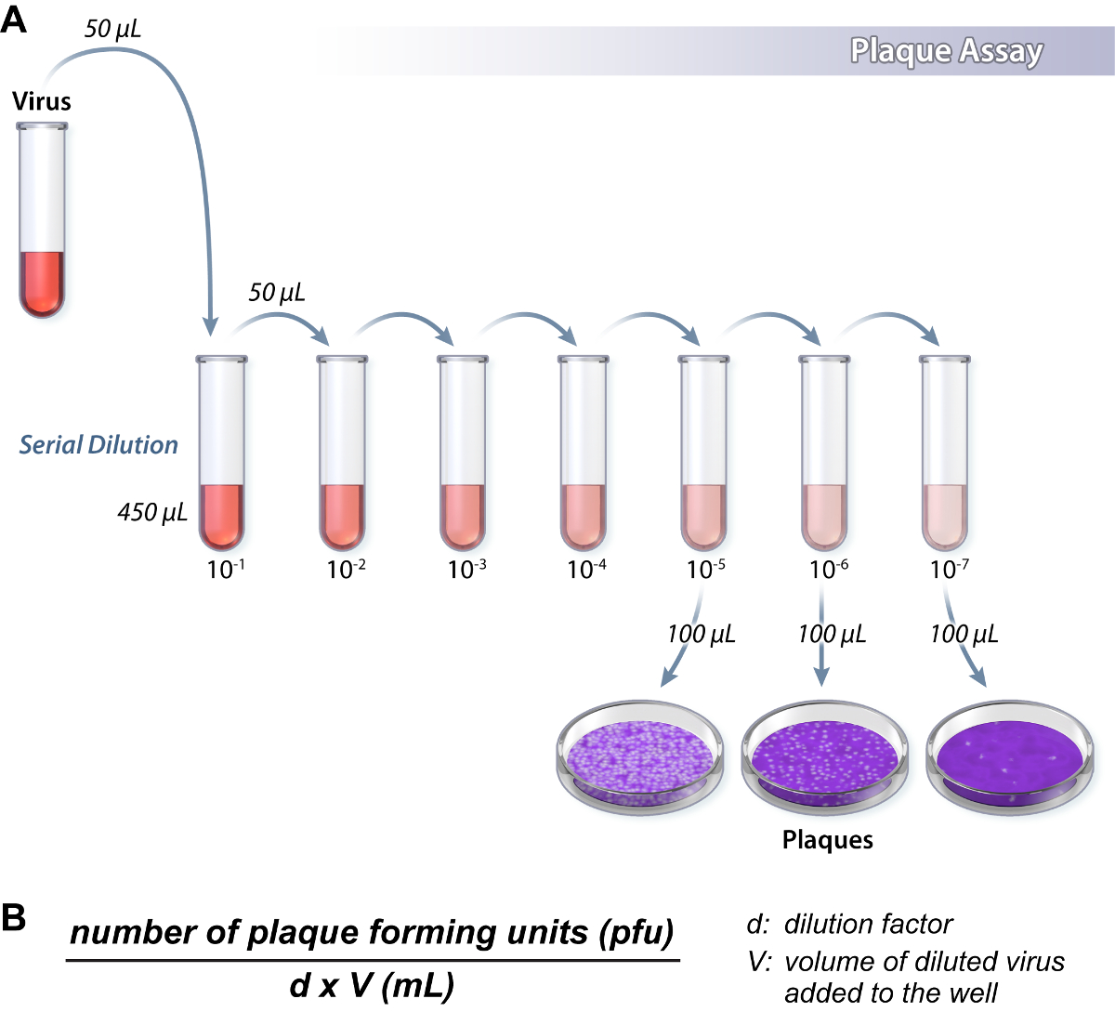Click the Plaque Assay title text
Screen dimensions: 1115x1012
(x=947, y=52)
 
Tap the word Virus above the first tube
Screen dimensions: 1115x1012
(x=42, y=101)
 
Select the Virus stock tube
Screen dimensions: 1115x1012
(x=42, y=220)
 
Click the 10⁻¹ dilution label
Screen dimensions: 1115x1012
(x=226, y=569)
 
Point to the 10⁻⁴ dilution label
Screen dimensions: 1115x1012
(x=586, y=569)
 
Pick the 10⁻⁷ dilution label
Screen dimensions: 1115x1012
(x=950, y=569)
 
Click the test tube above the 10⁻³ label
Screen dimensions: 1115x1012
(x=463, y=453)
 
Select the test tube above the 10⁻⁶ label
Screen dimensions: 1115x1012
(x=824, y=453)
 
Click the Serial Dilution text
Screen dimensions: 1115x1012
(x=98, y=445)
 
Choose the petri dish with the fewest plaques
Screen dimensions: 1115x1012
(x=1010, y=758)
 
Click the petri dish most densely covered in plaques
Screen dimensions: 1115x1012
(x=640, y=758)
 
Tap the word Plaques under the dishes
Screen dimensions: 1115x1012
(x=827, y=840)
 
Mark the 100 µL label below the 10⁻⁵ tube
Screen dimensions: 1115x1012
(x=702, y=634)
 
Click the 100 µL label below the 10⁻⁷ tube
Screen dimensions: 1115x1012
(x=964, y=634)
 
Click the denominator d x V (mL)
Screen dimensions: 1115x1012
(x=372, y=986)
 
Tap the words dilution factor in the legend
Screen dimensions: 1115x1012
(x=869, y=924)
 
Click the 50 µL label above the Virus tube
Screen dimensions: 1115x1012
(x=112, y=29)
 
